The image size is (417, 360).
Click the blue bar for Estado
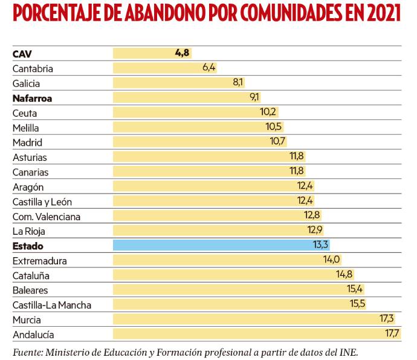tap(221, 246)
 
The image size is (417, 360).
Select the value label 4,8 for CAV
tap(182, 53)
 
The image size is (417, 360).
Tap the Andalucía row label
tap(33, 334)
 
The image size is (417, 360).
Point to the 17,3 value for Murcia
tap(387, 319)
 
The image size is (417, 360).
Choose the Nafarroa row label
tap(32, 97)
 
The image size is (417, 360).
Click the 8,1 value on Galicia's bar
tap(238, 83)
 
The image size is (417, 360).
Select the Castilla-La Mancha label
tap(52, 305)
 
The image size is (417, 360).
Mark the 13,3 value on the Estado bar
tap(320, 246)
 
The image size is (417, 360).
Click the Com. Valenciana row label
tap(46, 216)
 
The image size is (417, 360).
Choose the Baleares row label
tap(30, 290)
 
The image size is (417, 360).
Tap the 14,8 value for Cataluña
tap(344, 275)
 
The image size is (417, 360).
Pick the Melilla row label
tap(25, 127)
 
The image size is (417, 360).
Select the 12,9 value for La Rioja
tap(315, 231)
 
